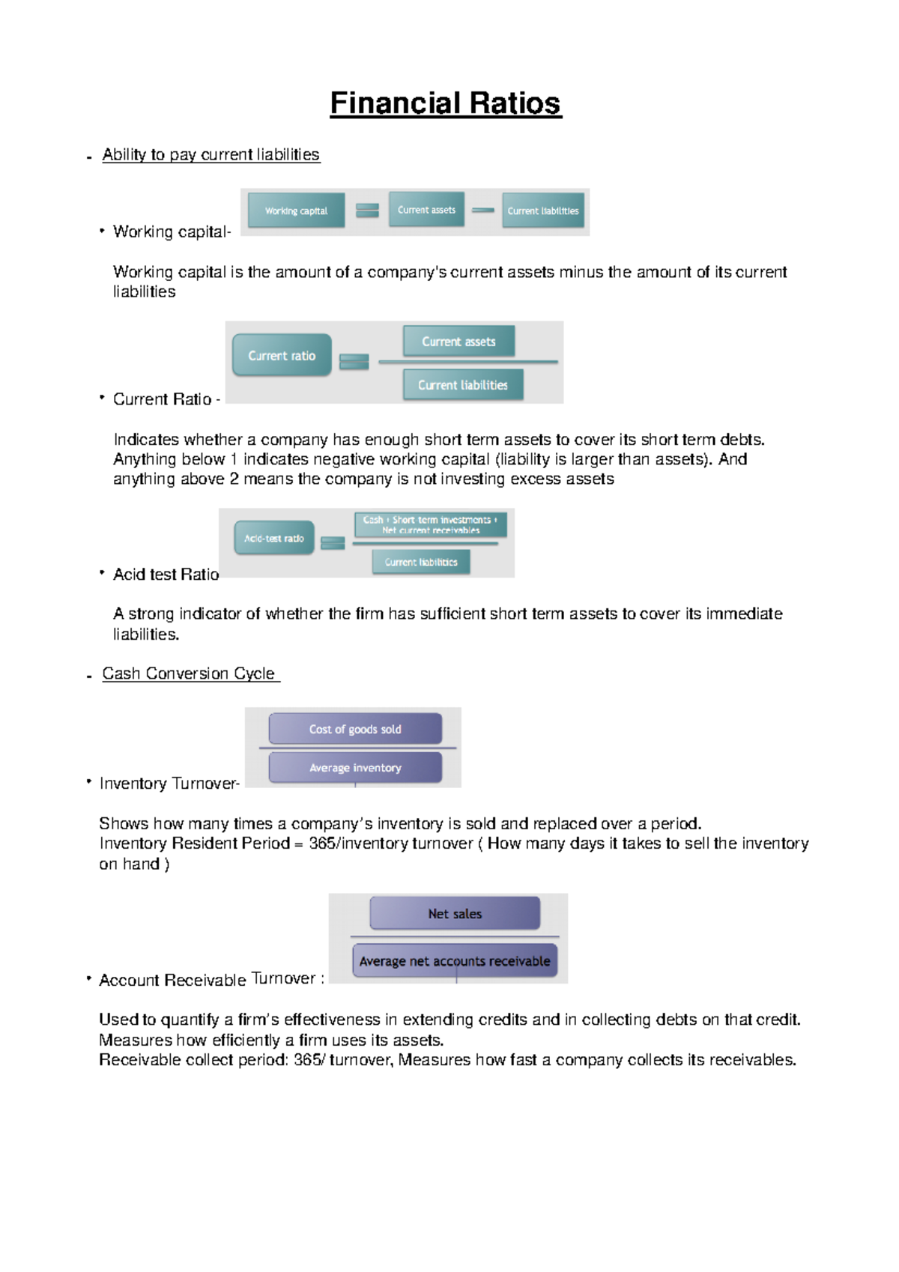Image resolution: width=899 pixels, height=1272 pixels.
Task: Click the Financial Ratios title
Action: click(445, 103)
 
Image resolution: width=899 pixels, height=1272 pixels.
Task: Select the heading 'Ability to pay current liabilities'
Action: click(211, 155)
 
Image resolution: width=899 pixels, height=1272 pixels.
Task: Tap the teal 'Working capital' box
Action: click(296, 211)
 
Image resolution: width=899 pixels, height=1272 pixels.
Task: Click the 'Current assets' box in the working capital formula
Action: click(426, 210)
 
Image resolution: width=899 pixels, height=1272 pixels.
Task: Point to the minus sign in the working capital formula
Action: click(483, 211)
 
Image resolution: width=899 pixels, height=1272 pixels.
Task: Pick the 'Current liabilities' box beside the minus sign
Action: click(543, 211)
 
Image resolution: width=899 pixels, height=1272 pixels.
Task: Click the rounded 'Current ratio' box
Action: click(282, 356)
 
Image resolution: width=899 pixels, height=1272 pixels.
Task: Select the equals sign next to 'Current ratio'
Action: click(354, 361)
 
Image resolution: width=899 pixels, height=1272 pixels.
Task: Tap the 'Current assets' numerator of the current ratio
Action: click(458, 342)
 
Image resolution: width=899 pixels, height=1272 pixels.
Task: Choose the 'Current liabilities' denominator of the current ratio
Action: click(462, 385)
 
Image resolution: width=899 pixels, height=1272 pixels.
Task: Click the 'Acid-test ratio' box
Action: click(274, 538)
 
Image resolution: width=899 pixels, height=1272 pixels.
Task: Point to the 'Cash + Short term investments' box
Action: click(430, 524)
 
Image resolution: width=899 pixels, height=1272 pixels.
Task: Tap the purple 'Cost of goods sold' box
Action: click(355, 729)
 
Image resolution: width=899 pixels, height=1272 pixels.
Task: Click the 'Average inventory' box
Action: click(355, 768)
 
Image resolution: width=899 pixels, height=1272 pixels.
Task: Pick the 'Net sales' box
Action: click(455, 914)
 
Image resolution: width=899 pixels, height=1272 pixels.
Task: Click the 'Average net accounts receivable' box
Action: click(454, 961)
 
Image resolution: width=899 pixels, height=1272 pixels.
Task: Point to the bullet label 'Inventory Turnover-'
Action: click(169, 784)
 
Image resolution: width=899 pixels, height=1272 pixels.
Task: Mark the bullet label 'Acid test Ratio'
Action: click(166, 575)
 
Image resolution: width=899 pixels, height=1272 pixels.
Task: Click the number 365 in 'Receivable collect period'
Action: click(308, 1060)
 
